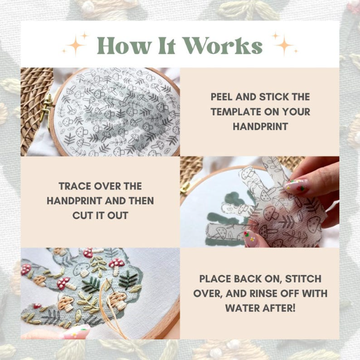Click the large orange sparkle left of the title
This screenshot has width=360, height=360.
[x=75, y=45]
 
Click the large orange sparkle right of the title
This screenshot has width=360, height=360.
[x=284, y=45]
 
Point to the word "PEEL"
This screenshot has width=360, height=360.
[x=222, y=97]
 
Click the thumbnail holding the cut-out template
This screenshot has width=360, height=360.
[x=251, y=238]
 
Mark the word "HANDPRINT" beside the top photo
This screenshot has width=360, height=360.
[x=261, y=126]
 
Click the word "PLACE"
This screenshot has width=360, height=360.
[x=214, y=279]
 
